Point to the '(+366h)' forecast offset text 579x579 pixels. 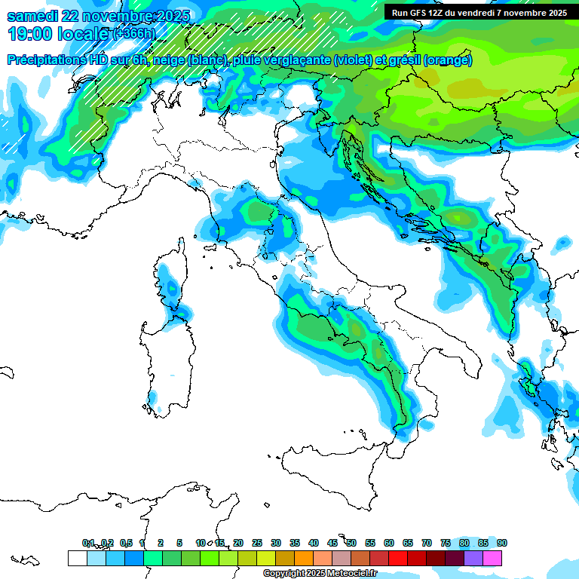135,34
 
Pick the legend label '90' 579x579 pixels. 501,543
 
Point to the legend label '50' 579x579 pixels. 351,543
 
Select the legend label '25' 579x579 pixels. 257,543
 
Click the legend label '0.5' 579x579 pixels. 126,543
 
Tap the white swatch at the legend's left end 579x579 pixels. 77,558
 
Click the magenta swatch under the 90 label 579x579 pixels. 492,558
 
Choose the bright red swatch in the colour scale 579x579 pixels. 398,558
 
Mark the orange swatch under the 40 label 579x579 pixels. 304,558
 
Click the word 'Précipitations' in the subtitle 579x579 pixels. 47,60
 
